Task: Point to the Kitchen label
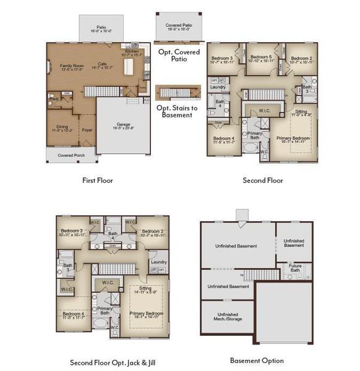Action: (x=132, y=51)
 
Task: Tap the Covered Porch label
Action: (x=71, y=155)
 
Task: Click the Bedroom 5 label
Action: (x=260, y=58)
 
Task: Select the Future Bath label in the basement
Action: (x=295, y=267)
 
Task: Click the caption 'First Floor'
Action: (x=98, y=181)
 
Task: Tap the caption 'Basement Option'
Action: (x=257, y=360)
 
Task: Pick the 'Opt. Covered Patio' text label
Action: (x=178, y=56)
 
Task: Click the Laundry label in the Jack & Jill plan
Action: (x=158, y=262)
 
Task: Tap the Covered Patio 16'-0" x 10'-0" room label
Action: (x=178, y=27)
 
